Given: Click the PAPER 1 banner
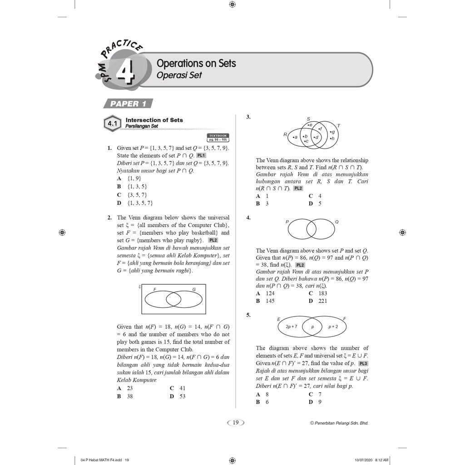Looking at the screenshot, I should click(x=128, y=104).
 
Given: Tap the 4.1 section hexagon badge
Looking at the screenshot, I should click(x=112, y=123).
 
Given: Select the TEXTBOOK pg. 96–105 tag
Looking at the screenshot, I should click(x=218, y=138).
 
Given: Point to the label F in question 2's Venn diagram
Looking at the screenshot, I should click(x=155, y=289).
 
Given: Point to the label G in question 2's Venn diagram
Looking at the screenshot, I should click(x=194, y=289).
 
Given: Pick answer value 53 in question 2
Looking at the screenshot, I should click(x=182, y=396).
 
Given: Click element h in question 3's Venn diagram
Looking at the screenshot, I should click(x=333, y=138).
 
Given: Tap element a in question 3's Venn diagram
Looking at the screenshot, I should click(x=296, y=137).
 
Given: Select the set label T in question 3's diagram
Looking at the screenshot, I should click(x=339, y=126).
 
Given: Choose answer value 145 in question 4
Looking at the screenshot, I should click(x=270, y=301).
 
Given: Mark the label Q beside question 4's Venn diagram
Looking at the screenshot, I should click(x=336, y=222).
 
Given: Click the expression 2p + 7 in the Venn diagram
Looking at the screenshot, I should click(x=292, y=326).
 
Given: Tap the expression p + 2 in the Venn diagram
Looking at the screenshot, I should click(x=333, y=326).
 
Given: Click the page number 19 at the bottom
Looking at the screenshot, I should click(x=235, y=423).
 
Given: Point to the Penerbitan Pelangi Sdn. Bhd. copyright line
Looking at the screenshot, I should click(x=339, y=423).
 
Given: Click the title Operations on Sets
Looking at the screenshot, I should click(x=196, y=63).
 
